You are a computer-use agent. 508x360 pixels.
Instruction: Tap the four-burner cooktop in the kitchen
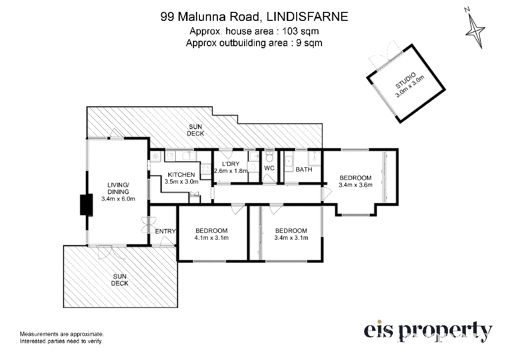pyautogui.click(x=206, y=169)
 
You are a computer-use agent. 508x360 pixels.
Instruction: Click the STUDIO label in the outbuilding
pyautogui.click(x=405, y=81)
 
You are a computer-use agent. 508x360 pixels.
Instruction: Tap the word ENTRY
pyautogui.click(x=165, y=231)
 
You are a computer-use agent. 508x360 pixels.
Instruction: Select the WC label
pyautogui.click(x=269, y=168)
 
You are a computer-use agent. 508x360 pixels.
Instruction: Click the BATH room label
pyautogui.click(x=304, y=169)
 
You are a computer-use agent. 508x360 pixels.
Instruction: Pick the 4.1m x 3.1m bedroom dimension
pyautogui.click(x=211, y=238)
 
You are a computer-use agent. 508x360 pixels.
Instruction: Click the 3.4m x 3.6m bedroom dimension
pyautogui.click(x=355, y=185)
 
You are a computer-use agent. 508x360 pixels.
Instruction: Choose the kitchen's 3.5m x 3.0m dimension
pyautogui.click(x=182, y=182)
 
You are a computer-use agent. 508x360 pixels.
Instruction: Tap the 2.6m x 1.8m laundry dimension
pyautogui.click(x=231, y=171)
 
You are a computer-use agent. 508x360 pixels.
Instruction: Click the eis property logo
pyautogui.click(x=428, y=332)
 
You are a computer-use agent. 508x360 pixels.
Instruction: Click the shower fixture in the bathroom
pyautogui.click(x=314, y=158)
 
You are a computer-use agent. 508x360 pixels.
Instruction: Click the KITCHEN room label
pyautogui.click(x=182, y=175)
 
